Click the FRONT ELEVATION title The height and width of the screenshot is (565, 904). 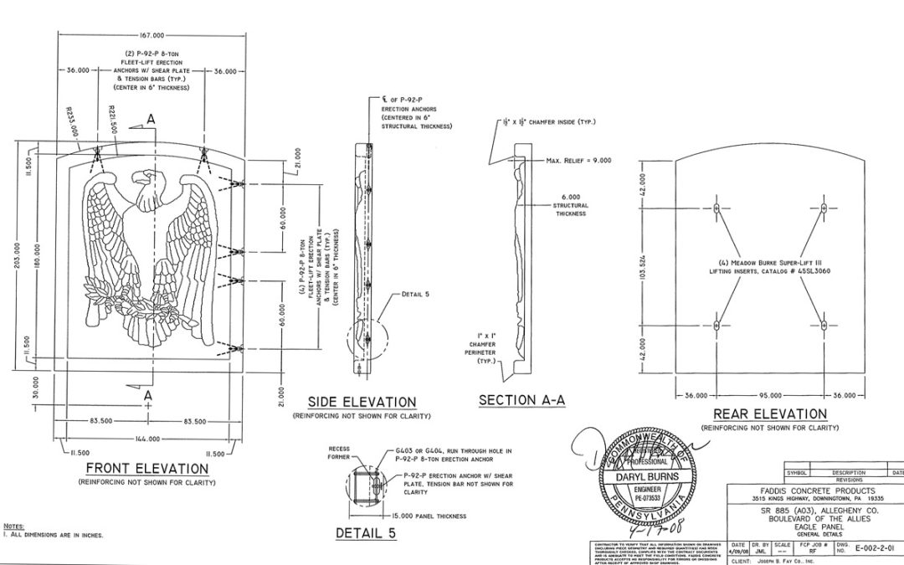pos(147,469)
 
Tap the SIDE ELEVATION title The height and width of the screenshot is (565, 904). pos(362,403)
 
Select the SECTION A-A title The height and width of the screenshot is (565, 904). pos(521,400)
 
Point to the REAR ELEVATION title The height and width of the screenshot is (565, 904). pos(769,414)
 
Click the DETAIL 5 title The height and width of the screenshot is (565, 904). pos(366,533)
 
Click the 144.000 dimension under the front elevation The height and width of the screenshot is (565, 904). pos(148,439)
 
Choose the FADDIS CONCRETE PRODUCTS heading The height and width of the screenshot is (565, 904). pos(812,491)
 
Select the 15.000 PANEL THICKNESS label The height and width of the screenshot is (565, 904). pos(428,516)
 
